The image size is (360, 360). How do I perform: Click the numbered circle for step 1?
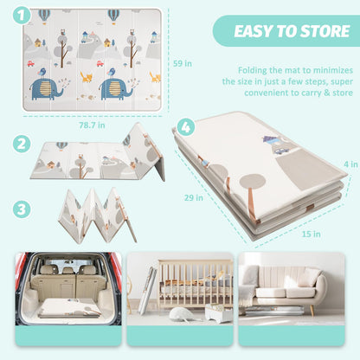click(x=22, y=16)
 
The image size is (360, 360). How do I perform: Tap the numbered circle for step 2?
click(x=22, y=144)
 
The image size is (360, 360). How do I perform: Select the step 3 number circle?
click(x=22, y=209)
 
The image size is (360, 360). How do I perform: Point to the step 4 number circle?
click(x=186, y=127)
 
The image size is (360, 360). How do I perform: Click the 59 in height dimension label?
click(x=183, y=63)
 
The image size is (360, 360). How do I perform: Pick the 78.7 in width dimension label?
click(x=92, y=125)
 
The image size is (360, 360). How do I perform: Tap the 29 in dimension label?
click(x=194, y=197)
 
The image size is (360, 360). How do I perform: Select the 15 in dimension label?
click(x=312, y=234)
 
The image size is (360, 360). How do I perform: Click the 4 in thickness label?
click(x=350, y=164)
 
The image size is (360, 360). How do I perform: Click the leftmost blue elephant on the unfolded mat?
click(x=47, y=89)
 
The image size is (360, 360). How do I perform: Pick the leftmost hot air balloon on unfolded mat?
click(x=44, y=16)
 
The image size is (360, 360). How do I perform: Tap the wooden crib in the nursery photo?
click(x=196, y=283)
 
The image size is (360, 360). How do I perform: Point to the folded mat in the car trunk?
click(x=69, y=309)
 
